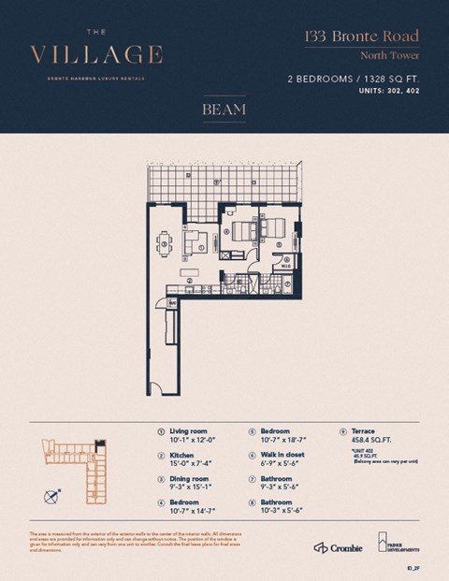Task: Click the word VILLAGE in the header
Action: tap(95, 53)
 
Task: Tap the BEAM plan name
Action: tap(224, 109)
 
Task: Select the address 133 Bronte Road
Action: tap(361, 37)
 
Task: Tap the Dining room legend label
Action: tap(188, 479)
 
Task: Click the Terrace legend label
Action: tap(362, 431)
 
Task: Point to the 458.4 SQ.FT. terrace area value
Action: tap(369, 440)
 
